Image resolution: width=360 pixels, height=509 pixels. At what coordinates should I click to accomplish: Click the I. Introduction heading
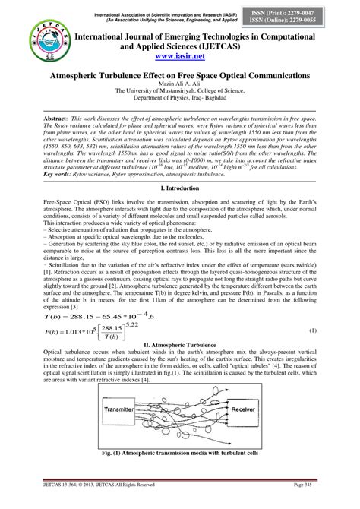(180, 186)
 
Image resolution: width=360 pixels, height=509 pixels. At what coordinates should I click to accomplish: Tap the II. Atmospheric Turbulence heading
(180, 323)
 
